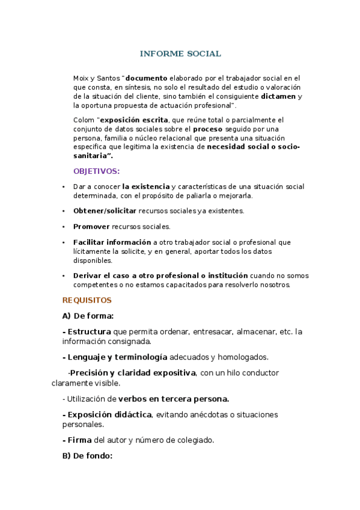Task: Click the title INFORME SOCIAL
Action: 180,54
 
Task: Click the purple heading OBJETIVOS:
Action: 96,171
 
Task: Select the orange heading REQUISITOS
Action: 87,300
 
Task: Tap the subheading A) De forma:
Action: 88,316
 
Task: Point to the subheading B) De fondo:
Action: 87,456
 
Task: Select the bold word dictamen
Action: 278,96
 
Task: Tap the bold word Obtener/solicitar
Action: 105,211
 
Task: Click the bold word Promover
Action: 91,227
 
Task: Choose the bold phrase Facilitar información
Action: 112,242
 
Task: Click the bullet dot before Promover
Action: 64,227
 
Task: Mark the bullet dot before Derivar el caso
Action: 64,275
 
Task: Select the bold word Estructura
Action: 89,331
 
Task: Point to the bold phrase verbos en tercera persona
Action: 173,399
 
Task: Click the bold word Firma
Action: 80,440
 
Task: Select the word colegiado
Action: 194,440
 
